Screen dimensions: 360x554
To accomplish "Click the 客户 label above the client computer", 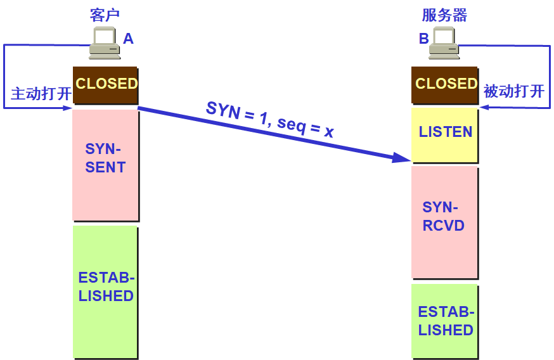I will point(105,15).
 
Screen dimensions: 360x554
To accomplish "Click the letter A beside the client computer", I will point(128,39).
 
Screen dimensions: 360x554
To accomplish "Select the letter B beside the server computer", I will point(423,39).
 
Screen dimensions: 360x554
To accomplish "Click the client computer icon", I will point(104,43).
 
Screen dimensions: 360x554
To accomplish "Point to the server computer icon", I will point(444,43).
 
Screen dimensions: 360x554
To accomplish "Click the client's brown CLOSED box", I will point(105,85).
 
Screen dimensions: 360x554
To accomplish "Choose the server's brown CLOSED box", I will point(444,85).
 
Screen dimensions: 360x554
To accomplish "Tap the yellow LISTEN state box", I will point(444,134).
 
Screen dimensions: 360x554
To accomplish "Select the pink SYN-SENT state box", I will point(105,164).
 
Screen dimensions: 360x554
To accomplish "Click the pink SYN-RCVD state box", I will point(444,221).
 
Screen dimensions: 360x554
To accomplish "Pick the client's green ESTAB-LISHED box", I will point(105,291).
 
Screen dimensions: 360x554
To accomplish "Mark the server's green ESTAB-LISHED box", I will point(444,320).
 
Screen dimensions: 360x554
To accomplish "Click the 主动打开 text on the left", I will point(41,94).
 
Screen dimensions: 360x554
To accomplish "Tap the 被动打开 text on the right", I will point(514,91).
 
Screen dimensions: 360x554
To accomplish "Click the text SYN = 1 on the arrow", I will point(238,113).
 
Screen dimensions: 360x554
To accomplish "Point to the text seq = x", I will point(306,127).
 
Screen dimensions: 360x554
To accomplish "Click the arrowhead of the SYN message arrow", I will point(403,158).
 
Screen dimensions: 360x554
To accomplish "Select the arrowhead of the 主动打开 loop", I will point(68,108).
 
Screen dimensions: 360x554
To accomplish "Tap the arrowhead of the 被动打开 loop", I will point(483,107).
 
